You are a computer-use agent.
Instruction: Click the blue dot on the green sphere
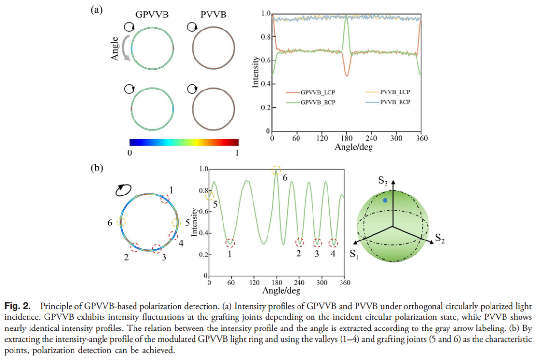tap(385, 200)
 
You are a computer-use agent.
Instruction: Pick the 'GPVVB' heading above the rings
tap(152, 15)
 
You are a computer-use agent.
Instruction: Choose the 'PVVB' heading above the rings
tap(213, 15)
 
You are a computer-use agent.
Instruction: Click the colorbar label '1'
tap(236, 152)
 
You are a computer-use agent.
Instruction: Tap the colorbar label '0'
tap(130, 152)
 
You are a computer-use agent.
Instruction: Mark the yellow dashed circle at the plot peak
tap(276, 170)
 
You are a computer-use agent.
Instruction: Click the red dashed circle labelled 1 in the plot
tap(231, 242)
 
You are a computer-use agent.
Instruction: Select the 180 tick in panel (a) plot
tap(346, 139)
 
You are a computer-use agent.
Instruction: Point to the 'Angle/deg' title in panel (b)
tap(281, 290)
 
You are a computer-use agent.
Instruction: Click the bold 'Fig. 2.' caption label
tap(18, 306)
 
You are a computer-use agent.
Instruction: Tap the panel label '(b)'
tap(97, 168)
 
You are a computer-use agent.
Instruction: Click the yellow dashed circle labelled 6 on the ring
tap(121, 222)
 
